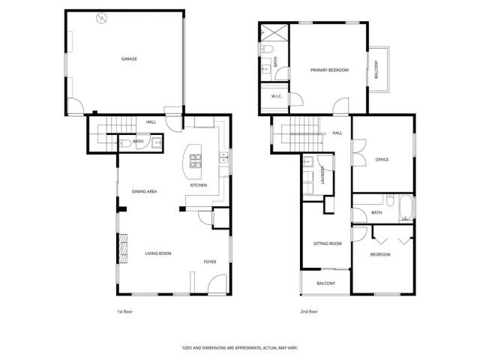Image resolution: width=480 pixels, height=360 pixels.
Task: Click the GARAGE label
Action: point(129,58)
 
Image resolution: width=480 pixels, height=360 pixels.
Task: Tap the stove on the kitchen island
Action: point(196,160)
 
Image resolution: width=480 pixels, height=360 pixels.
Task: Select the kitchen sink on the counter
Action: point(223,157)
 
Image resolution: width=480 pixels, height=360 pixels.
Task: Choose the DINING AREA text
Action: point(144,192)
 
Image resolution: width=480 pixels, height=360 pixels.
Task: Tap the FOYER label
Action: point(210,262)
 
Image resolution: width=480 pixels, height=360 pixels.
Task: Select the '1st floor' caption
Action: point(123,311)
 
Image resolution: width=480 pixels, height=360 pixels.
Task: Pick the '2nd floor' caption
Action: point(309,311)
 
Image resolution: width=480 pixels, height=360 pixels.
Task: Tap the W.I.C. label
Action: point(275,95)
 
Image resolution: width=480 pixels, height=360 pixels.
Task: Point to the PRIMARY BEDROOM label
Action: point(330,70)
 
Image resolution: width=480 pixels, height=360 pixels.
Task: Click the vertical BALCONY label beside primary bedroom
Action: point(376,70)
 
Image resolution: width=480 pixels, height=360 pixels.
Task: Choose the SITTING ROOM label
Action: point(328,243)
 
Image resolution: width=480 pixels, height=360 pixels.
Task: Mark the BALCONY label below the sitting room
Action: point(325,283)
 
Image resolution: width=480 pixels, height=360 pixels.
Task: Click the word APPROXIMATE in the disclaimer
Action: point(241,347)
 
